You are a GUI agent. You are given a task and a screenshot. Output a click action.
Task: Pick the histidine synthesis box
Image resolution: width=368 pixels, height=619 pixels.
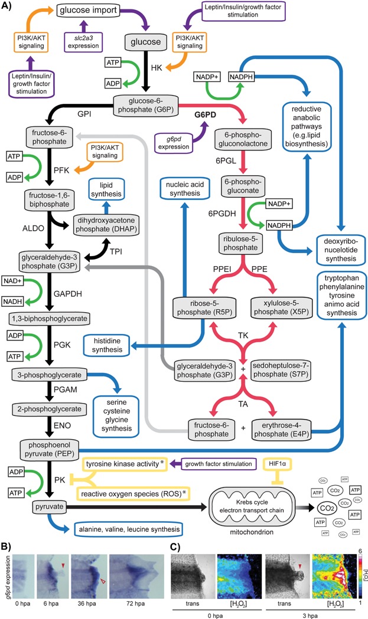[x=113, y=346]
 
